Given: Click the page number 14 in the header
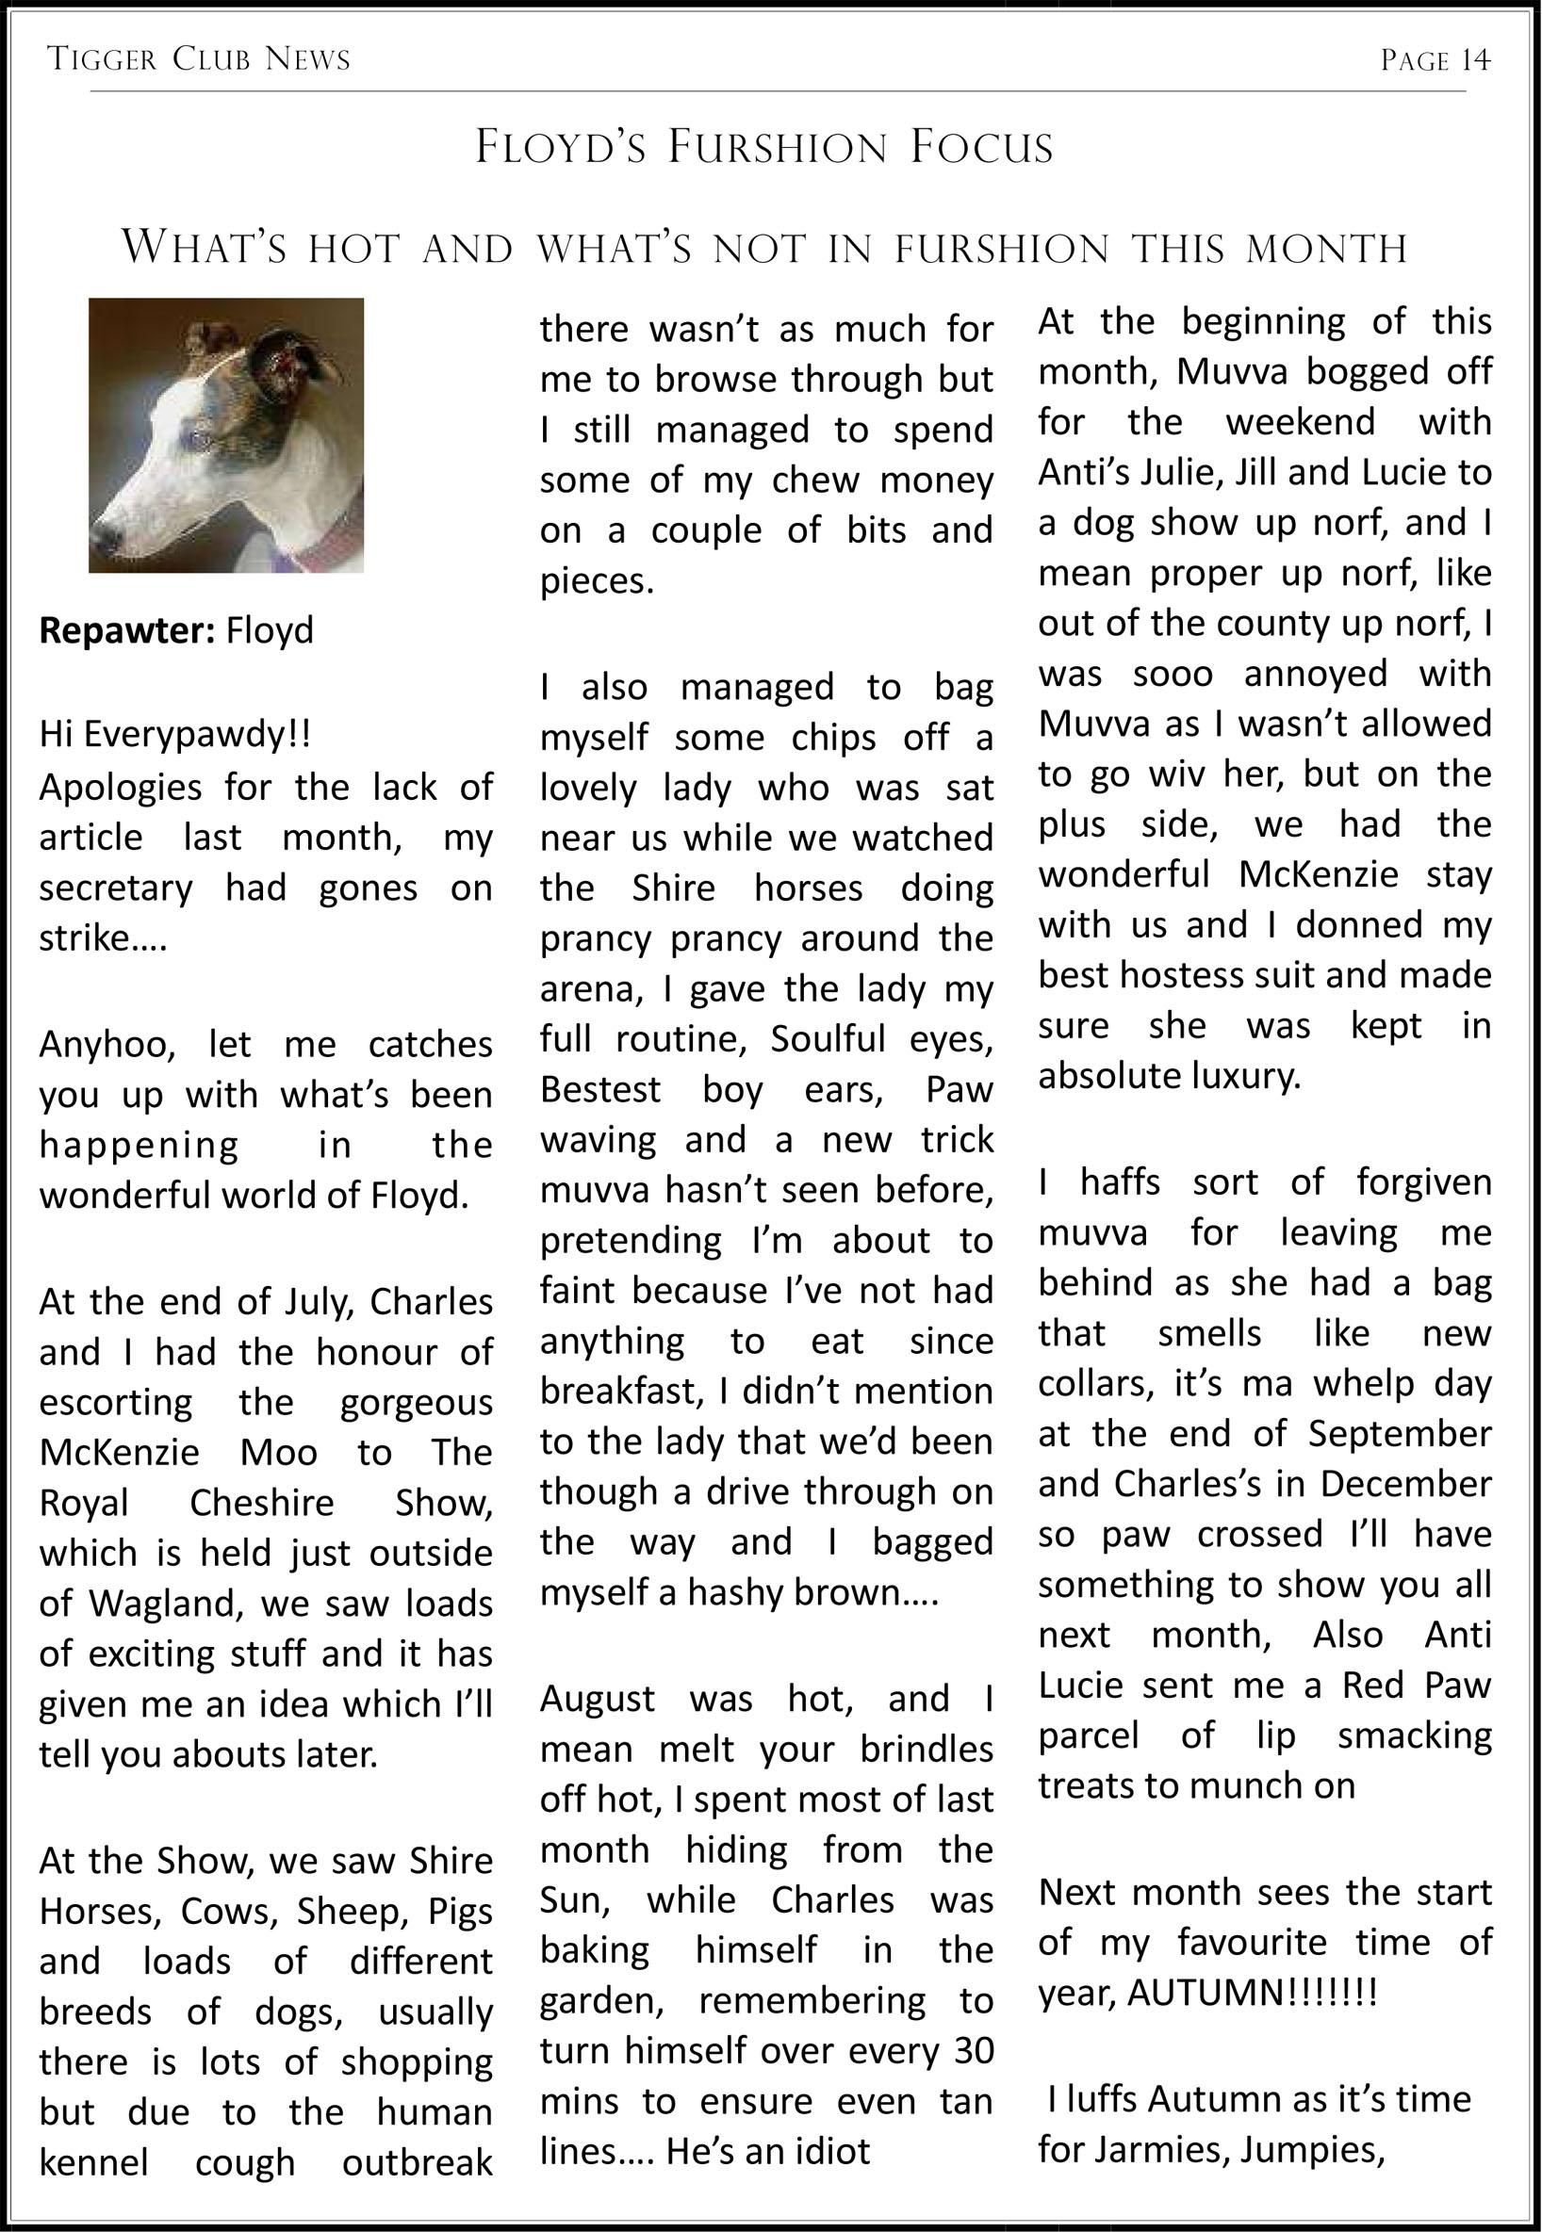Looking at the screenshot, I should tap(1474, 61).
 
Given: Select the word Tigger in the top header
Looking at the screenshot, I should tap(102, 60).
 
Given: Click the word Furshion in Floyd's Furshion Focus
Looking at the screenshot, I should tap(777, 148).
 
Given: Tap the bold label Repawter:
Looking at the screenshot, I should tap(126, 630).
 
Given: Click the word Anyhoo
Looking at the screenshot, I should tap(107, 1044).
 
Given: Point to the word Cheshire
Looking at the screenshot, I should tap(261, 1503).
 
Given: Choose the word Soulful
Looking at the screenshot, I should tap(827, 1039).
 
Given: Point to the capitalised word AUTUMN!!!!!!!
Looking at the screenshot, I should tap(1252, 1993).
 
